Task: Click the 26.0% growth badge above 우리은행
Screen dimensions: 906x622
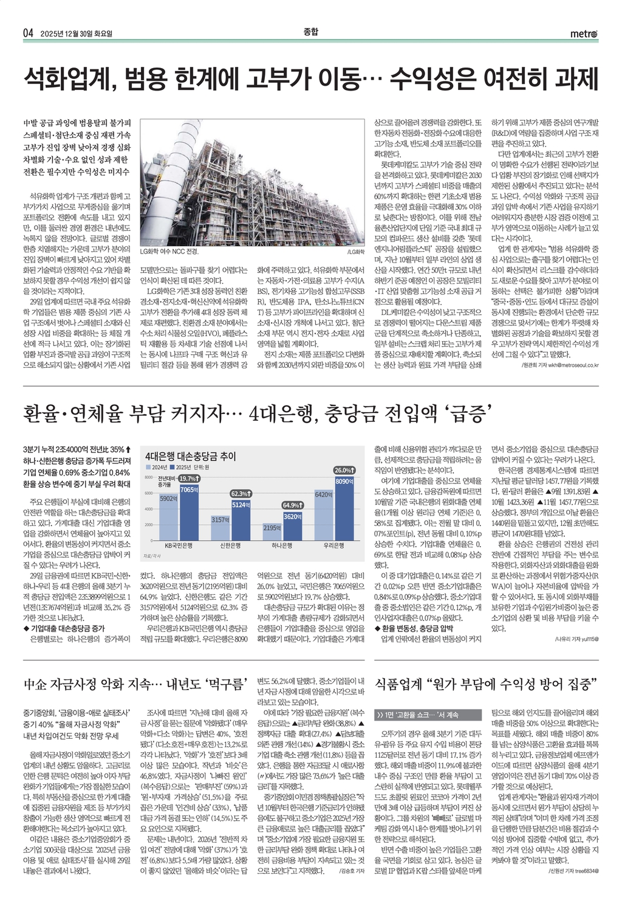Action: [x=344, y=470]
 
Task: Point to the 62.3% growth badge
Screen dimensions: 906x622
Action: [x=241, y=494]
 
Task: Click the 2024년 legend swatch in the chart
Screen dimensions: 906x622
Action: [x=148, y=467]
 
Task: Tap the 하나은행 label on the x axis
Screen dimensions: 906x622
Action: [x=282, y=545]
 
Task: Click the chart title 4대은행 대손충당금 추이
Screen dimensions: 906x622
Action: [x=191, y=456]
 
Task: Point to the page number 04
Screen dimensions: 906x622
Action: [x=28, y=33]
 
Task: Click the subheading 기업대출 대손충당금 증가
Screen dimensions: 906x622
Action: [x=66, y=628]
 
